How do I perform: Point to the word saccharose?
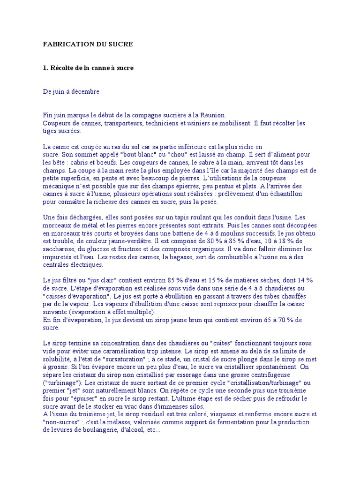(58, 249)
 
